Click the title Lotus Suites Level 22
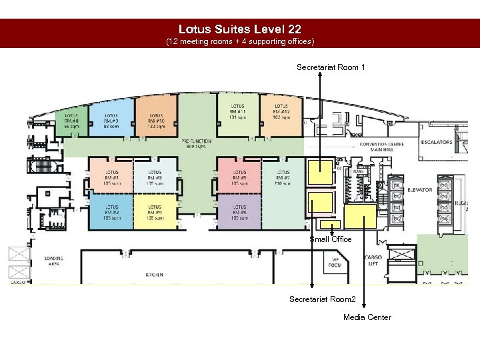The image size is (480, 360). point(239,29)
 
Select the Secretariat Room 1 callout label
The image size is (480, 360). point(331,67)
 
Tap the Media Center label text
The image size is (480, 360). point(367,317)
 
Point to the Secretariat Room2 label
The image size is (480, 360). point(323,299)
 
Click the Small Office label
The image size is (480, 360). point(330,239)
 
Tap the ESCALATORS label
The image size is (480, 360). point(437,142)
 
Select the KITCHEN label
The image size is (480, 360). point(154,274)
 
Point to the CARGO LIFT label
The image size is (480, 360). point(372,261)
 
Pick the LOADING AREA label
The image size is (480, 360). point(54,261)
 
